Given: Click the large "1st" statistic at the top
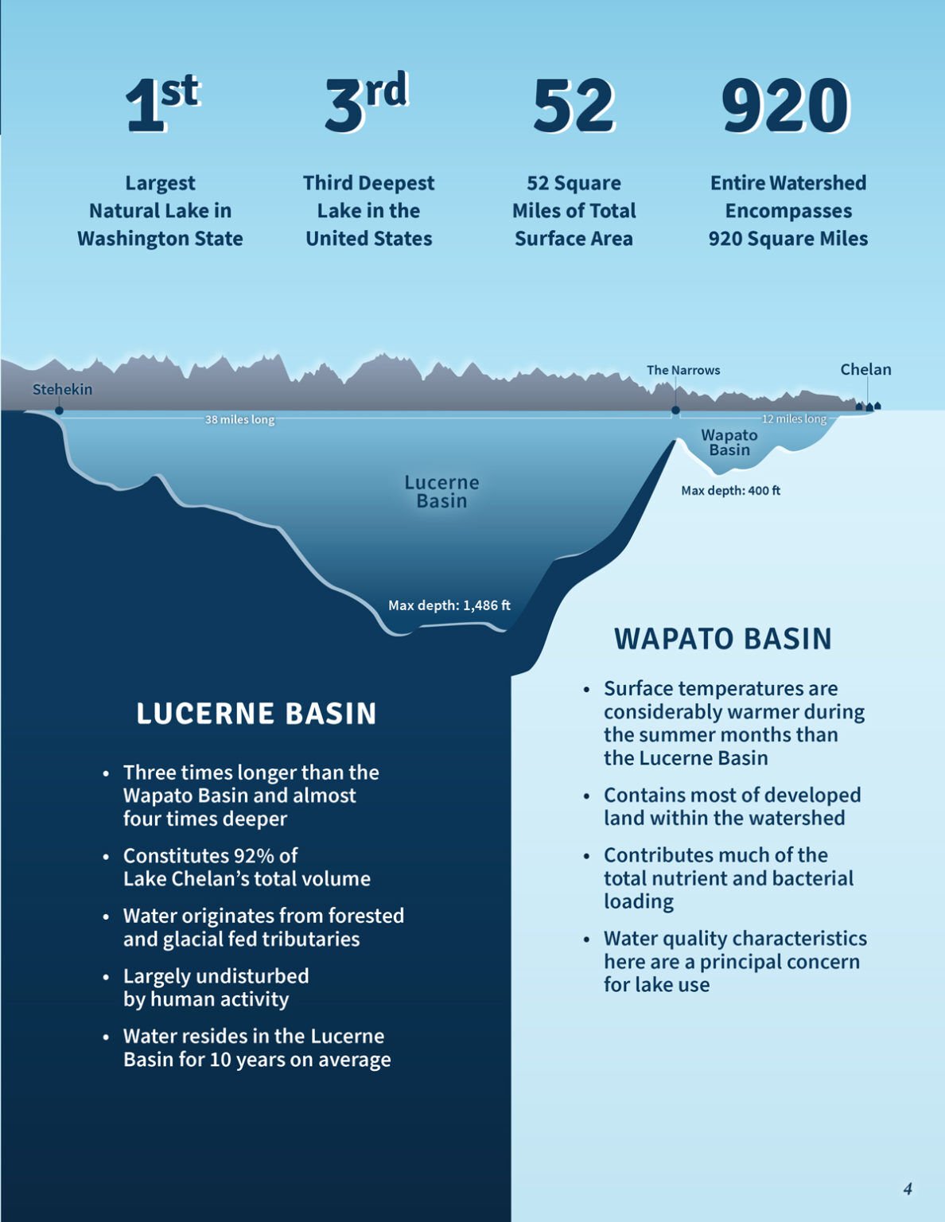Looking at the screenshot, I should click(162, 104).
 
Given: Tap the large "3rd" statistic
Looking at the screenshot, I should click(367, 103).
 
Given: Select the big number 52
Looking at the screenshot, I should click(574, 106).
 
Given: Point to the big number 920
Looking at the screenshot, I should click(786, 106).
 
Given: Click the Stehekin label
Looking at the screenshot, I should click(62, 389).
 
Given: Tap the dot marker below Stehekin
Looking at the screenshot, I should click(59, 411).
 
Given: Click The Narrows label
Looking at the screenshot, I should click(682, 370).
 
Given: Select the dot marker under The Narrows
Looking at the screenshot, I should click(675, 411).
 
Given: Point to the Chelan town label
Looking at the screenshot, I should click(865, 369).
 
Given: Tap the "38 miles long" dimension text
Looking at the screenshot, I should click(239, 419).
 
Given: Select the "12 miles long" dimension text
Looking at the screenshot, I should click(794, 419).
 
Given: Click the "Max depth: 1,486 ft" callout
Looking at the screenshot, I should click(449, 605).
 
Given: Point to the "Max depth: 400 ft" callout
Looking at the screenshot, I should click(730, 491).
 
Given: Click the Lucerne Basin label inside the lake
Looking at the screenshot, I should click(441, 492).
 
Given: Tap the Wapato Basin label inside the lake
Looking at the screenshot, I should click(729, 442).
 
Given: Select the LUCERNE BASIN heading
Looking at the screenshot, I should click(256, 714).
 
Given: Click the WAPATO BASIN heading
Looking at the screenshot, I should click(722, 639).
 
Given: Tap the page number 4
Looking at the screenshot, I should click(908, 1189).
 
